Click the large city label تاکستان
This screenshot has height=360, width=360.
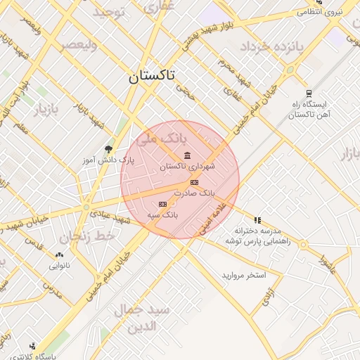coord(152,77)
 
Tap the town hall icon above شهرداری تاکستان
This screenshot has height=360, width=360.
coord(186,155)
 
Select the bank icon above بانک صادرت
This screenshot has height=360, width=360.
coord(193,183)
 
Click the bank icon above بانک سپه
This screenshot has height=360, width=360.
coord(163,204)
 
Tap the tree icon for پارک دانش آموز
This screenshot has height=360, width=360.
coord(108,149)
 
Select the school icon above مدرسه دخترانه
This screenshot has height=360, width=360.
coord(257,220)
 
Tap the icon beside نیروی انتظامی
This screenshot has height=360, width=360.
coord(300,12)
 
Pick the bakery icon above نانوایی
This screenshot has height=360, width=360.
coord(59,256)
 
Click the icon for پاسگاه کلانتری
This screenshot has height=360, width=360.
coord(33,346)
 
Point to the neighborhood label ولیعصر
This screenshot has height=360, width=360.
coord(77,44)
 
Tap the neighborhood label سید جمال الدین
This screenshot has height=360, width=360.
coord(148,319)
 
